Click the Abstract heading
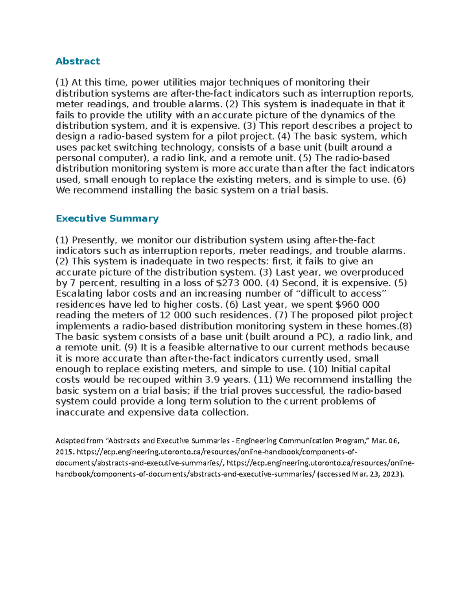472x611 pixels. [x=78, y=61]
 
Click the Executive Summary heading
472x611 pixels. [x=107, y=218]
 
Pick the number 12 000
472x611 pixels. [x=175, y=315]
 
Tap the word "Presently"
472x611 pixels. [x=94, y=240]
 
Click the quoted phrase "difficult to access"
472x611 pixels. [x=341, y=294]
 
